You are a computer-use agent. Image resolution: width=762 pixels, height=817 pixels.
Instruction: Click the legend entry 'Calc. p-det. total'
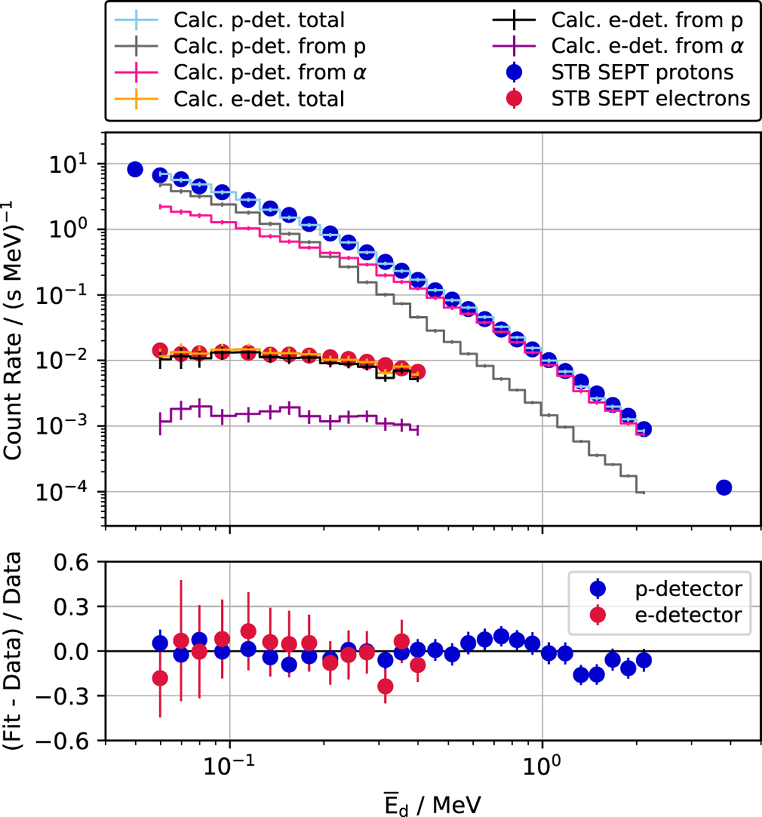[x=258, y=20]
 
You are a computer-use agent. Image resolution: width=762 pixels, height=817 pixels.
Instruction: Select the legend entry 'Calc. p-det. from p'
[x=269, y=46]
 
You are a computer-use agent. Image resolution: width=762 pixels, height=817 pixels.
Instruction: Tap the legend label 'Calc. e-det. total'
[x=258, y=99]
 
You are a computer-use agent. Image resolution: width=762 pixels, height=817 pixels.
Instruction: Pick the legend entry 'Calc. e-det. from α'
[x=647, y=46]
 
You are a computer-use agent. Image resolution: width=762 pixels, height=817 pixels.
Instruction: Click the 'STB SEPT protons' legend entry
[x=642, y=72]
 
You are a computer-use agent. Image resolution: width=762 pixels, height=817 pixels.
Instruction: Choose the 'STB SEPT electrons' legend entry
[x=650, y=99]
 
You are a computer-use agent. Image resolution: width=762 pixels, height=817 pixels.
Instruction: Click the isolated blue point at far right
[x=723, y=488]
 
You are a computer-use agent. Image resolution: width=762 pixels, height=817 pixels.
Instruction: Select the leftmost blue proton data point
[x=135, y=169]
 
